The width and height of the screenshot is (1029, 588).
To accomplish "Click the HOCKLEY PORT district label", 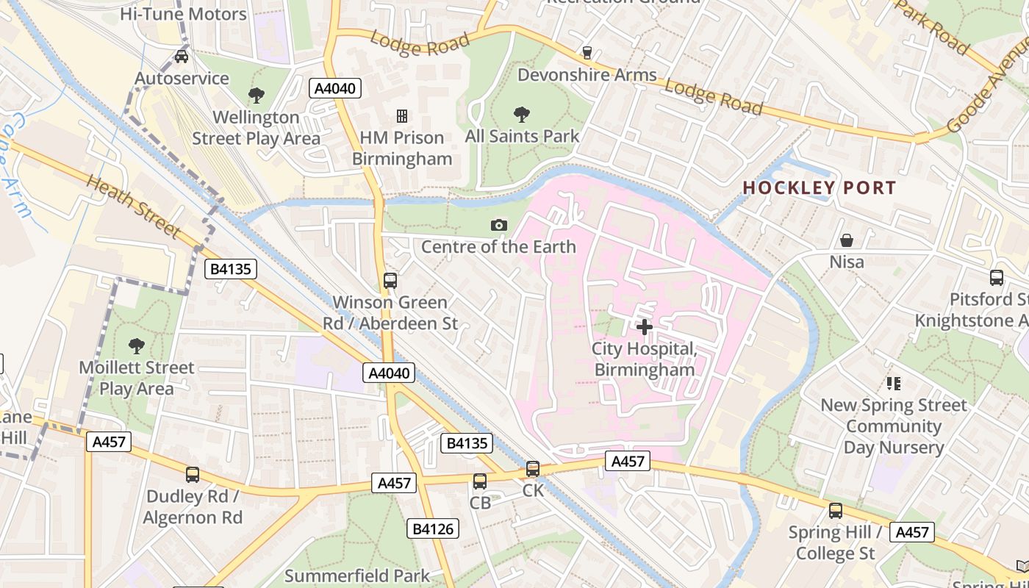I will [x=819, y=187].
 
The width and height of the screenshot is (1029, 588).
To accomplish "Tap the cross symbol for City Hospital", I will [x=645, y=326].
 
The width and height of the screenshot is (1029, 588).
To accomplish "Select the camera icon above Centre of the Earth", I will [x=499, y=225].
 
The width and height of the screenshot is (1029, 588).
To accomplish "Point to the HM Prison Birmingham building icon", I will [x=402, y=115].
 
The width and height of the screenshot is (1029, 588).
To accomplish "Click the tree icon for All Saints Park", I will [x=522, y=114].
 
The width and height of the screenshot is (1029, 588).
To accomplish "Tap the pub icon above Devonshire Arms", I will [x=587, y=52].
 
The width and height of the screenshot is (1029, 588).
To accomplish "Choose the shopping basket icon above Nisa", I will [x=847, y=240].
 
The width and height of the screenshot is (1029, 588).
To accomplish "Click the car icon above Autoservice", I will [x=182, y=56].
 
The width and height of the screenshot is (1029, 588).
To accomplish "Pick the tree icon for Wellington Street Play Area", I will [x=256, y=95].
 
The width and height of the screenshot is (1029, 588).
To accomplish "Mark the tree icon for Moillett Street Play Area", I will [x=136, y=345].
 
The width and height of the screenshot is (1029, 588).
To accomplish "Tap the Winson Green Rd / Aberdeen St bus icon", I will [x=390, y=280].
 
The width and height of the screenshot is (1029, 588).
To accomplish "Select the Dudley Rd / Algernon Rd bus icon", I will [x=193, y=474].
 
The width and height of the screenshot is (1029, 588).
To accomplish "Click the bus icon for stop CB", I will [x=480, y=481].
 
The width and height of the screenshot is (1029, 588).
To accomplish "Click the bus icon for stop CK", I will [x=533, y=468].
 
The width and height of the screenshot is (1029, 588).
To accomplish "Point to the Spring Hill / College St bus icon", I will [x=836, y=510].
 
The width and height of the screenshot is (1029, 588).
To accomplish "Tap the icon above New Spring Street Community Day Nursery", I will [x=894, y=383].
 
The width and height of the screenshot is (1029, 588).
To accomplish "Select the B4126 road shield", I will [x=434, y=528].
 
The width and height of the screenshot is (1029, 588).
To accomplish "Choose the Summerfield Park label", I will [x=357, y=576].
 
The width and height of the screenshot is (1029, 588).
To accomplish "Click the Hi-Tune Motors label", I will [x=183, y=14].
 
